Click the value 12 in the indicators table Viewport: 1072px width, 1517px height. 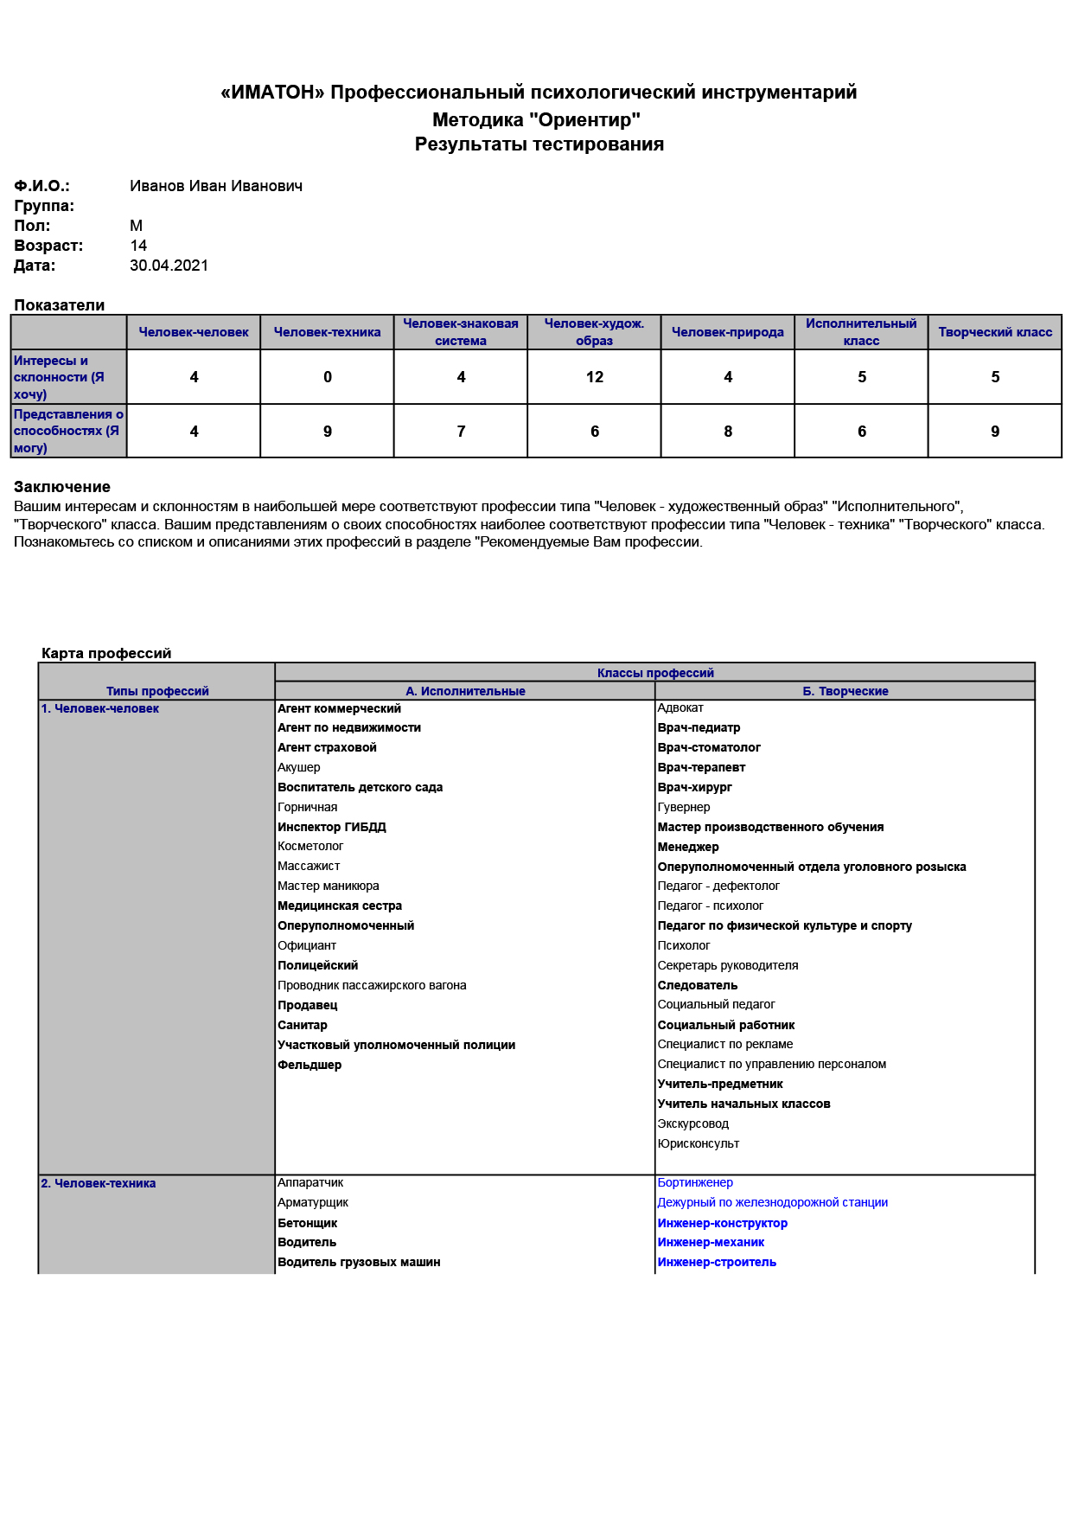tap(594, 377)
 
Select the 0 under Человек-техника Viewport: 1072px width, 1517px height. tap(328, 377)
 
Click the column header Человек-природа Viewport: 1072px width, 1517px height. tap(727, 332)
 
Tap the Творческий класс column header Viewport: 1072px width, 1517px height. tap(995, 332)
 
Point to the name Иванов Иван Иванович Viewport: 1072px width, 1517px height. tap(216, 186)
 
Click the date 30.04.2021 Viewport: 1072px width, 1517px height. tap(169, 266)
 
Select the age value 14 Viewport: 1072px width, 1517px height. tap(138, 246)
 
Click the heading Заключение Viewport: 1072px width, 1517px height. tap(62, 487)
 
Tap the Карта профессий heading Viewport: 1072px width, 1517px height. tap(106, 653)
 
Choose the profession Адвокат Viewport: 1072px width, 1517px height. tap(680, 707)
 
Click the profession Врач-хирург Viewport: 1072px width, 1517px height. tap(694, 787)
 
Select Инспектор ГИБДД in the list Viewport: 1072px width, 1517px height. tap(331, 827)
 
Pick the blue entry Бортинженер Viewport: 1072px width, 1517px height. tap(694, 1182)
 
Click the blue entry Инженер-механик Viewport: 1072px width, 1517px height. tap(711, 1242)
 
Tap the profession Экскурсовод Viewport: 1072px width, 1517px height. tap(692, 1123)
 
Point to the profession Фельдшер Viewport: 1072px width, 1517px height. tap(309, 1065)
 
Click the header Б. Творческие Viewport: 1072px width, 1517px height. tap(845, 691)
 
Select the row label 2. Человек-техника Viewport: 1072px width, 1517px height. tap(99, 1183)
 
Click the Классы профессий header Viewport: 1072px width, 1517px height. tap(655, 673)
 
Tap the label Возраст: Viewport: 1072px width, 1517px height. tap(48, 246)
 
